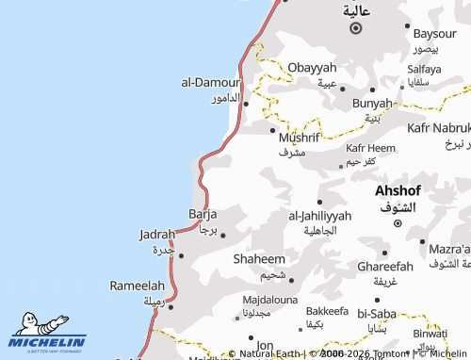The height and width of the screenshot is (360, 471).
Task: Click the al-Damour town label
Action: tap(211, 82)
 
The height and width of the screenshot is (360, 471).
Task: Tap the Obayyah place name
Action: tap(312, 68)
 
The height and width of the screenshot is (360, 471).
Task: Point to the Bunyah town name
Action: tap(371, 103)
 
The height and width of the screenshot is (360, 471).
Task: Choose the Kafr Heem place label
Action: tap(370, 148)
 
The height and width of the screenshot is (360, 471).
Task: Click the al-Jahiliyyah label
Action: tap(319, 216)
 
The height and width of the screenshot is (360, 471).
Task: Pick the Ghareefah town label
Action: tap(384, 267)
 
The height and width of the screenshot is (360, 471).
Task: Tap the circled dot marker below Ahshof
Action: tap(398, 223)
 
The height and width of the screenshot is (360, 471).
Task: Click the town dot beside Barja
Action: tap(223, 235)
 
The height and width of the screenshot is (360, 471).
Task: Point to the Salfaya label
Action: tap(424, 69)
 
